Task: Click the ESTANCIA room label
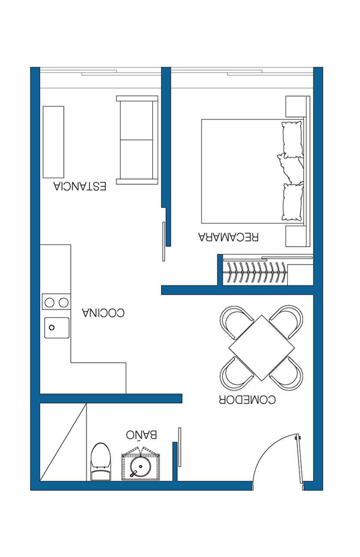pos(80,186)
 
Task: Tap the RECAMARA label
pos(228,237)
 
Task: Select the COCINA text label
pos(104,312)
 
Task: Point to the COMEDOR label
pos(247,399)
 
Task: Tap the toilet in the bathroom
pos(100,461)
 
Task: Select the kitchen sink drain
pos(52,328)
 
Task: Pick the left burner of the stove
pos(50,302)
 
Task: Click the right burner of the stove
pos(64,302)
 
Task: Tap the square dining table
pos(261,348)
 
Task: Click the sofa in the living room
pos(137,140)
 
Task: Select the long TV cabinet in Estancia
pos(53,141)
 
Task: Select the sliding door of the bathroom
pos(180,447)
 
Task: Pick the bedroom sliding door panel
pos(163,241)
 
